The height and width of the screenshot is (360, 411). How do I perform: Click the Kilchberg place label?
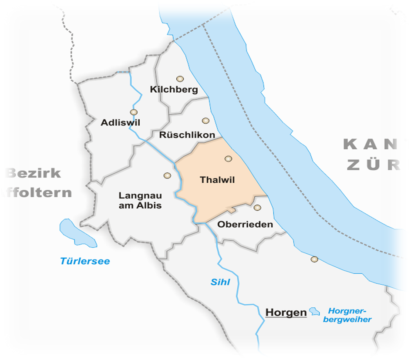(x=174, y=90)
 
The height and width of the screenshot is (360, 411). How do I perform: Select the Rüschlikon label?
(x=187, y=135)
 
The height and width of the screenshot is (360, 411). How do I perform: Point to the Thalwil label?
(x=217, y=180)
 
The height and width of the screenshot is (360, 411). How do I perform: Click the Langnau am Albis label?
(x=140, y=201)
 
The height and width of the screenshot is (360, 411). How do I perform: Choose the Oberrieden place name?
(x=245, y=225)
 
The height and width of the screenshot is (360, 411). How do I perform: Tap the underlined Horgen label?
(x=286, y=313)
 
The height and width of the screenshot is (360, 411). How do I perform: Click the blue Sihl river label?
(x=220, y=283)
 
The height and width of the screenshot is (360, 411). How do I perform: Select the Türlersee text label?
(x=85, y=261)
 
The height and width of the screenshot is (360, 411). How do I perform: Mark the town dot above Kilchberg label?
(x=179, y=79)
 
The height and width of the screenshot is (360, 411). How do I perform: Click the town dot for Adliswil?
(x=134, y=112)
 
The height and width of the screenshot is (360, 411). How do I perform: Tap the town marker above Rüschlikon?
(x=205, y=121)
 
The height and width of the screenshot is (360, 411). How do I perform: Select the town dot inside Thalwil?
(x=228, y=158)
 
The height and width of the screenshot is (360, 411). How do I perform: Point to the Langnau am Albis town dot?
(x=167, y=175)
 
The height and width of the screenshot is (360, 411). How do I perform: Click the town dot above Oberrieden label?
(x=257, y=208)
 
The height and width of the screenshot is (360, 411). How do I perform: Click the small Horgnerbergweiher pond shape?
(x=314, y=311)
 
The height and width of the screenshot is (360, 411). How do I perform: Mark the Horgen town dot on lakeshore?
(x=314, y=259)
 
